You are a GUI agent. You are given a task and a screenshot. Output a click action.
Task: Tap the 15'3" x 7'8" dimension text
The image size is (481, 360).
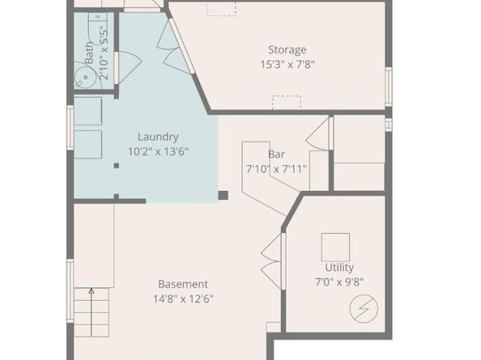coord(287,64)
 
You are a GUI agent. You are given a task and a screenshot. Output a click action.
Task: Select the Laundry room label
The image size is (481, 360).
coord(158,137)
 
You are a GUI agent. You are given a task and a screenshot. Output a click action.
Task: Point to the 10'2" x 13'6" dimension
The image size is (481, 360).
coord(158,151)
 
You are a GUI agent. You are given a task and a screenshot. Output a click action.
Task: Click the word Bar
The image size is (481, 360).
coord(276,154)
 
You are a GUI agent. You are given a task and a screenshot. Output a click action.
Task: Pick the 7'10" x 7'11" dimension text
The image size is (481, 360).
coord(276,169)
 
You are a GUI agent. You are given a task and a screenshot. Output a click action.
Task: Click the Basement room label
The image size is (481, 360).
coord(183,284)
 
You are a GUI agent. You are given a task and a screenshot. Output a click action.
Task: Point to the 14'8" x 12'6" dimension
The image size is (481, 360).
coord(183,299)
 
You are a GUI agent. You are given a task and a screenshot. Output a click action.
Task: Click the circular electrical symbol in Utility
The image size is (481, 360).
coord(364,308)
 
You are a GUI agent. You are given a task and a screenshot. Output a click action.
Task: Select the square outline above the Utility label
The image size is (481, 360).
coord(335,247)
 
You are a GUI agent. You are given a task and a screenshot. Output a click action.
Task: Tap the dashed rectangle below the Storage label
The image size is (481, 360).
coord(286,102)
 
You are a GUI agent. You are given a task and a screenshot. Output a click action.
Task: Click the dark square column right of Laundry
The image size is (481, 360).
coord(223,195)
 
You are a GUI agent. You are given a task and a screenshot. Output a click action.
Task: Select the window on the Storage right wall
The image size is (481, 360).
coord(389,86)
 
